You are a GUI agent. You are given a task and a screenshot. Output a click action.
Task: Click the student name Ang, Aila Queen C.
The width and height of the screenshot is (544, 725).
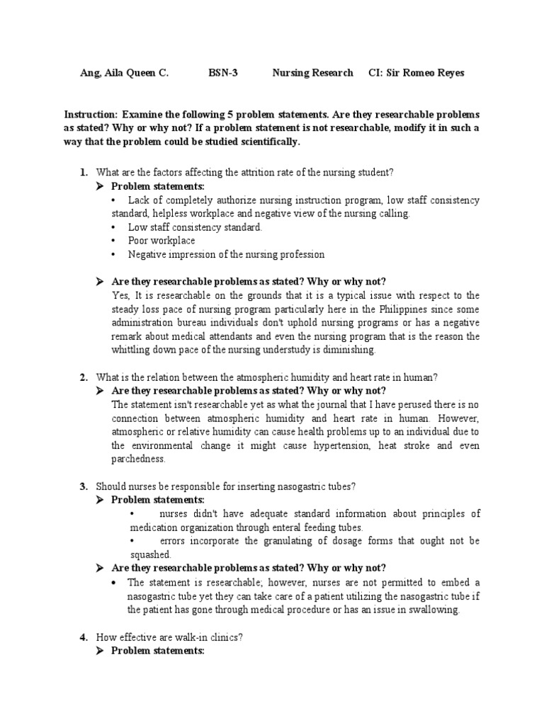(125, 73)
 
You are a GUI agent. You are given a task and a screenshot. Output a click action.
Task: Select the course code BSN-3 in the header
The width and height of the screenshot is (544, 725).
(222, 73)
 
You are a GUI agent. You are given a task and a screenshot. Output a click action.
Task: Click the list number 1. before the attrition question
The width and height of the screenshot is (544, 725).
(84, 173)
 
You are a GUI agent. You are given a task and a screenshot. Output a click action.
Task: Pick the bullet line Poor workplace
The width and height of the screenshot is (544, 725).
(161, 241)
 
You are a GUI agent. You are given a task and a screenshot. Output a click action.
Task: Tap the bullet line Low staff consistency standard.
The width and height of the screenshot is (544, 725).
(195, 227)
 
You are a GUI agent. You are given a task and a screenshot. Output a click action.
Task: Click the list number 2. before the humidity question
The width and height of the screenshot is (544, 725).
(84, 377)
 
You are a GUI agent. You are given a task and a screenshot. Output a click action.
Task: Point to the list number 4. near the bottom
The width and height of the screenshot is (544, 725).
(84, 637)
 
